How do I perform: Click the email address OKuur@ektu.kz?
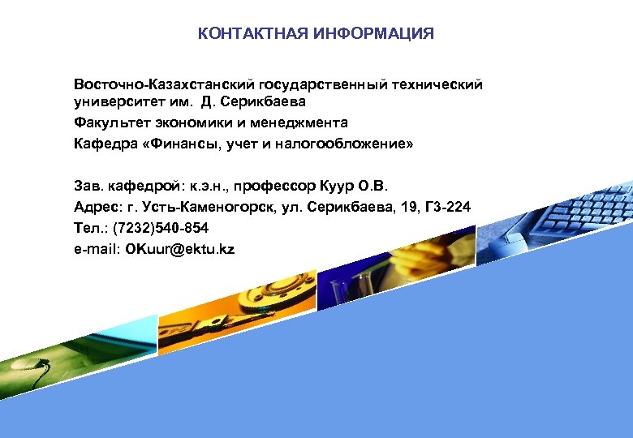[179, 249]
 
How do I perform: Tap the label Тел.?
[91, 228]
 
